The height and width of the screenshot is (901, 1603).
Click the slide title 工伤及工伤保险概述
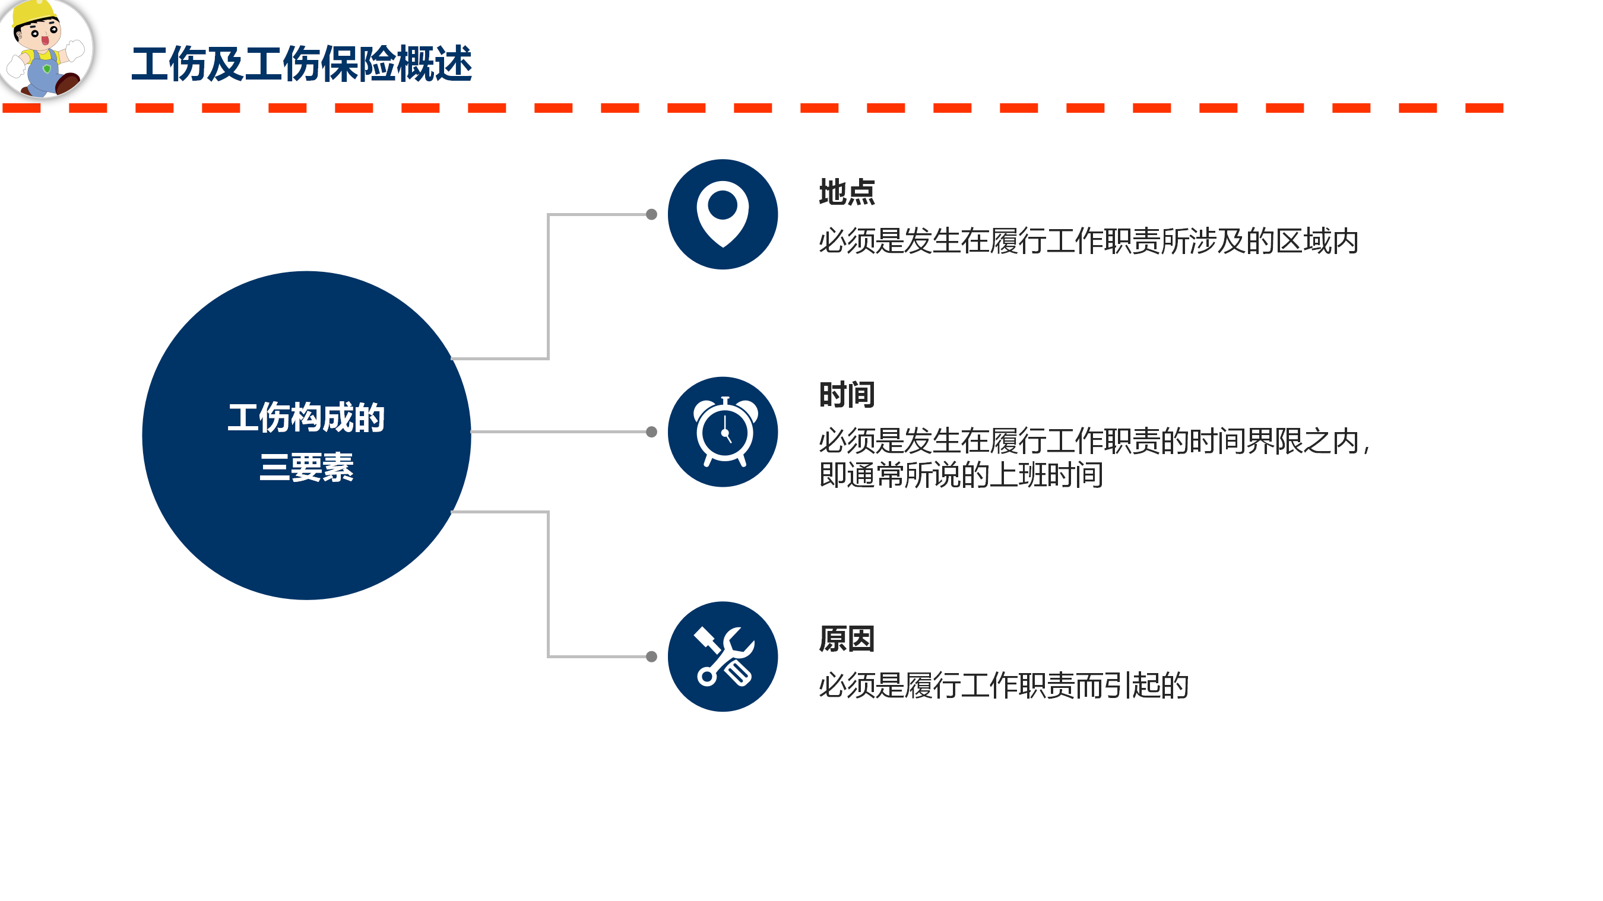point(302,64)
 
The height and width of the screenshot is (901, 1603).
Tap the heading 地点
point(847,192)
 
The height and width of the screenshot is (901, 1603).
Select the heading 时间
point(847,395)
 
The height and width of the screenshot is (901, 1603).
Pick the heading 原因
point(847,639)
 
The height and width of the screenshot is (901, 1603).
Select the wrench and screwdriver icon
point(724,656)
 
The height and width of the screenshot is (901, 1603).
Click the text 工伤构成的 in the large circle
point(306,417)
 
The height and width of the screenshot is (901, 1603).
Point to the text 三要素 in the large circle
point(306,467)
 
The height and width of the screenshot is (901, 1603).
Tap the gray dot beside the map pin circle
point(651,214)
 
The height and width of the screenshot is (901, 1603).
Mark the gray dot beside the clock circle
point(651,432)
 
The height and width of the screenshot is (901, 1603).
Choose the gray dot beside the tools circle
point(651,656)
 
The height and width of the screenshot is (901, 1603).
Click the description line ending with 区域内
point(1088,241)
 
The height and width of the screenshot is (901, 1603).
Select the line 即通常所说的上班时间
point(961,475)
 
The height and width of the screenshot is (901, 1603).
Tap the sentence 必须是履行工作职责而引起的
point(1003,685)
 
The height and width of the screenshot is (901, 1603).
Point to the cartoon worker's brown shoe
point(67,83)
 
